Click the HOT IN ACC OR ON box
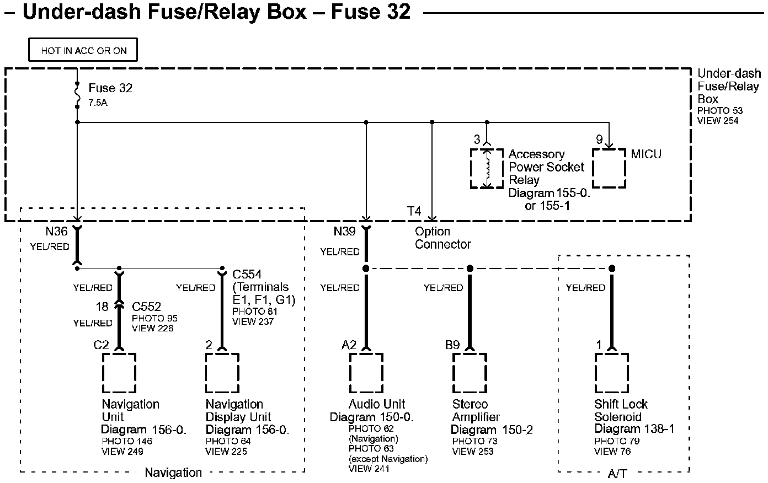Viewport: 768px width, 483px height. pos(83,50)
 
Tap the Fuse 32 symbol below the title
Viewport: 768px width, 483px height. pos(77,95)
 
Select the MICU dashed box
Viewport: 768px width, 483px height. pos(609,168)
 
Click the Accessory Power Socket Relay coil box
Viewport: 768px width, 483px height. pos(487,168)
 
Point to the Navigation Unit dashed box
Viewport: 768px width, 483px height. pos(119,373)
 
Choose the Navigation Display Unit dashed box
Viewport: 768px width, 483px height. pos(222,373)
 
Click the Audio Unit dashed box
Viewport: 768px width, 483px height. pos(366,373)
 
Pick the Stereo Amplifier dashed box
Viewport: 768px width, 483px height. pos(470,373)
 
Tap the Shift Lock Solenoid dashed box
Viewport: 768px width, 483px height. pos(611,373)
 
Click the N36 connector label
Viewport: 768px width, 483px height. pos(57,232)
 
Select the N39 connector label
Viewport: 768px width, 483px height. pos(344,232)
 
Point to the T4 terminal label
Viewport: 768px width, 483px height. pos(414,212)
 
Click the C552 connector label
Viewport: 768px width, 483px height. pos(146,307)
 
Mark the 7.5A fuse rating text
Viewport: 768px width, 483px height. pos(98,103)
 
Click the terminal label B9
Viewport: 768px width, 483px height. pos(452,345)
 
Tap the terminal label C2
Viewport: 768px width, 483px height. pos(101,345)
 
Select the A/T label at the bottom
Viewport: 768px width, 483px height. pos(617,473)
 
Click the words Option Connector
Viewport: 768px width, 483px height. pos(443,238)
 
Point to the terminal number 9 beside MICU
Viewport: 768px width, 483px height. pos(599,140)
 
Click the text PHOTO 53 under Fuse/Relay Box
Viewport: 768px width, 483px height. pos(720,111)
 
